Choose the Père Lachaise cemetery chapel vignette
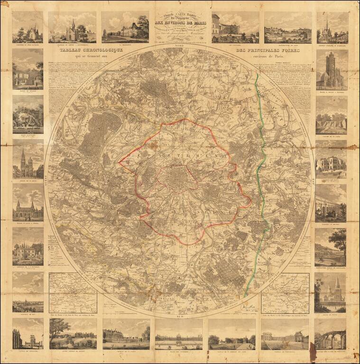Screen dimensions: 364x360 click(28, 27)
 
